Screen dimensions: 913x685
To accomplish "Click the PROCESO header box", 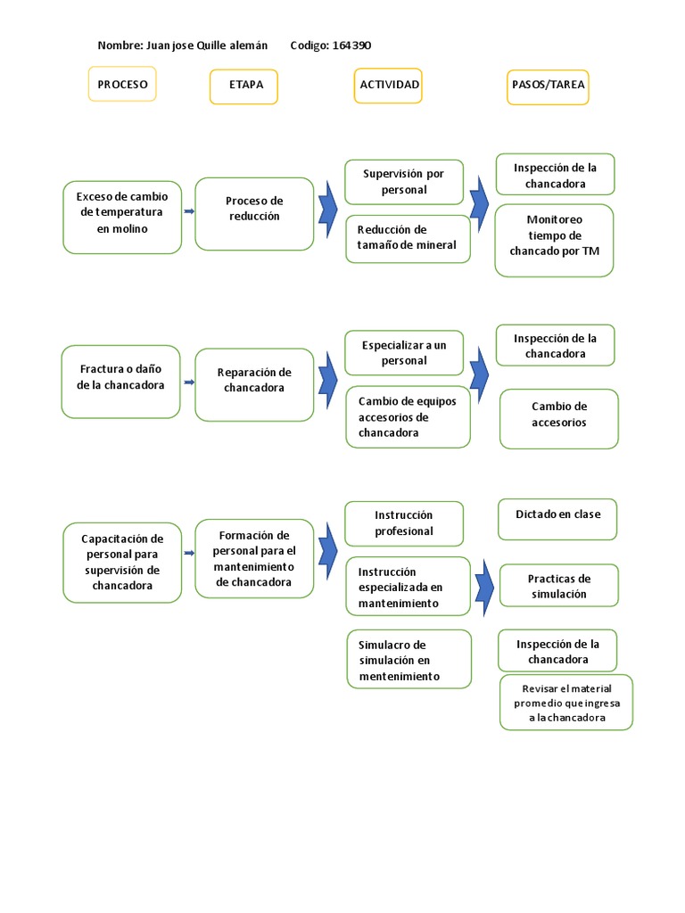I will click(122, 86).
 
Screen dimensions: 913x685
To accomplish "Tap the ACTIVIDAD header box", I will click(388, 86).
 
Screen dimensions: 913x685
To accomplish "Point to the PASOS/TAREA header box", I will click(548, 86).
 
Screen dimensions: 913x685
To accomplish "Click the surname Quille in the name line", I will click(207, 45).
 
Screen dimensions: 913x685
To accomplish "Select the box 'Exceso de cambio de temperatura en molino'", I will click(122, 217).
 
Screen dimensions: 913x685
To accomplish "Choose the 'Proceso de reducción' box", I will click(254, 213).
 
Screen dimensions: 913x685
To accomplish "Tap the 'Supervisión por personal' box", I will click(404, 182).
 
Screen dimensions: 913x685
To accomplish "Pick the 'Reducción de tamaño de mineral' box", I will click(407, 238).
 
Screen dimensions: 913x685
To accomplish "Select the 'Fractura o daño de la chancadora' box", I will click(122, 381).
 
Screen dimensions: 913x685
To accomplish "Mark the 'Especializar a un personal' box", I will click(404, 352).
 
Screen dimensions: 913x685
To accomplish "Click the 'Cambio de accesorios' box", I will click(559, 418).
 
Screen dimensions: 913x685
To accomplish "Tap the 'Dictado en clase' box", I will click(557, 519).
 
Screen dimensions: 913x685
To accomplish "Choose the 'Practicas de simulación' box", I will click(558, 586).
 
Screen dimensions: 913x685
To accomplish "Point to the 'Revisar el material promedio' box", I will click(566, 702).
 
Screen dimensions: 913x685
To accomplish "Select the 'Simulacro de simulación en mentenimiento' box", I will click(409, 660).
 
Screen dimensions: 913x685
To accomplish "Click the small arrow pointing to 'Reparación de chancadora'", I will click(188, 382).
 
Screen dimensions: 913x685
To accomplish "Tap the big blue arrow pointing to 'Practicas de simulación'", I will click(484, 584).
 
